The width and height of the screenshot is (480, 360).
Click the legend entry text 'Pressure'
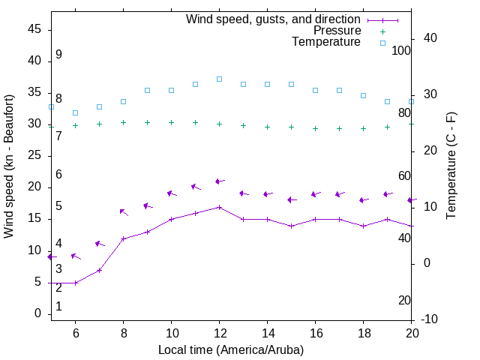(337, 31)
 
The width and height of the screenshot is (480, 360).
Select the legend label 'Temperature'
(326, 42)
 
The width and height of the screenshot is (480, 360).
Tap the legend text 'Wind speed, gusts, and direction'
(274, 19)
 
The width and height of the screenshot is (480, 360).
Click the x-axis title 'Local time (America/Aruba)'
(231, 349)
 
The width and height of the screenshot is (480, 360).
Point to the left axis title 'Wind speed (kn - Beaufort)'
(10, 166)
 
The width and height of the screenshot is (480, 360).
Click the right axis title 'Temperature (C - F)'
(451, 166)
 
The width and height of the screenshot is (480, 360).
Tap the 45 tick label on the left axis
(34, 29)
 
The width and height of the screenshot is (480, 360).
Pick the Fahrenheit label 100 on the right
(402, 51)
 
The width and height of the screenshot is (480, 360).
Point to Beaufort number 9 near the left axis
(58, 55)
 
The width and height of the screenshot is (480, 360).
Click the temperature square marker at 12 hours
(219, 79)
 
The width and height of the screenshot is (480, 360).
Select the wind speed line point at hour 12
(219, 207)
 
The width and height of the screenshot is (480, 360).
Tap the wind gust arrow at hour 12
(218, 181)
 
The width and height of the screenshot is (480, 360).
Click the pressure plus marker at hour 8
(123, 122)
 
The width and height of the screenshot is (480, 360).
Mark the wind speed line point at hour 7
(99, 270)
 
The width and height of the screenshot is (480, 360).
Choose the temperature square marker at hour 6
(75, 112)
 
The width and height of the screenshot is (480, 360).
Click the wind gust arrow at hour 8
(123, 212)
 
